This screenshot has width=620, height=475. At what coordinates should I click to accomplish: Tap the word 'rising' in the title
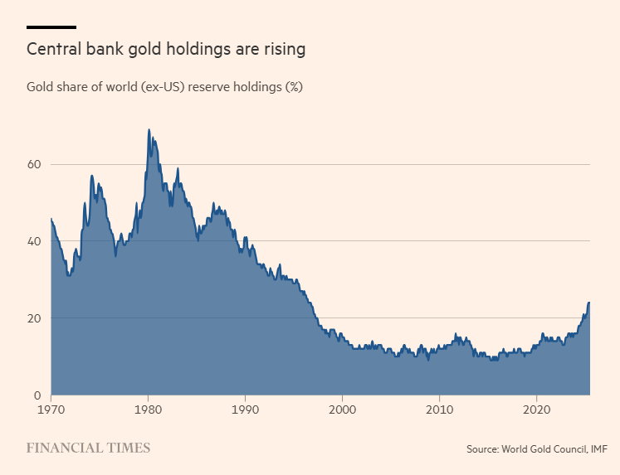pyautogui.click(x=282, y=50)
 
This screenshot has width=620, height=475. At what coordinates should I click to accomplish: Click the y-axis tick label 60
pyautogui.click(x=34, y=164)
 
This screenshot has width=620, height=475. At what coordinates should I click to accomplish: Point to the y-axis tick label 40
pyautogui.click(x=34, y=241)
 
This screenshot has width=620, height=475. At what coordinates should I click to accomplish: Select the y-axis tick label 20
pyautogui.click(x=34, y=318)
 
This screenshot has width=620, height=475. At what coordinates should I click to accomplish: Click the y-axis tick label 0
pyautogui.click(x=37, y=395)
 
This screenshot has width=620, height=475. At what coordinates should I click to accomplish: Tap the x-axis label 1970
pyautogui.click(x=51, y=410)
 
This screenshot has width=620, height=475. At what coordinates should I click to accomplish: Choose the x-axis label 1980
pyautogui.click(x=148, y=410)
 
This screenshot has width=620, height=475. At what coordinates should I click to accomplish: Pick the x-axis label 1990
pyautogui.click(x=245, y=410)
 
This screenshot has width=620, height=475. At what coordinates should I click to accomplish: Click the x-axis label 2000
pyautogui.click(x=343, y=410)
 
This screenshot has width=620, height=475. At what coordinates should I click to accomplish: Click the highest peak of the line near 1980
pyautogui.click(x=149, y=129)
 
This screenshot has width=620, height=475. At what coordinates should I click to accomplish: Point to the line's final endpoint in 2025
pyautogui.click(x=589, y=303)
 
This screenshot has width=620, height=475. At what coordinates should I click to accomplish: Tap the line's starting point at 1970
pyautogui.click(x=51, y=219)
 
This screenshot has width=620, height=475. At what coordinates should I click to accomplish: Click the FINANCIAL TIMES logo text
pyautogui.click(x=88, y=448)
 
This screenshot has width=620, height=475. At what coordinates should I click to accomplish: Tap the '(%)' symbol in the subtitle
pyautogui.click(x=294, y=87)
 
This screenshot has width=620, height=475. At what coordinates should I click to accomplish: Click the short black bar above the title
pyautogui.click(x=51, y=27)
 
